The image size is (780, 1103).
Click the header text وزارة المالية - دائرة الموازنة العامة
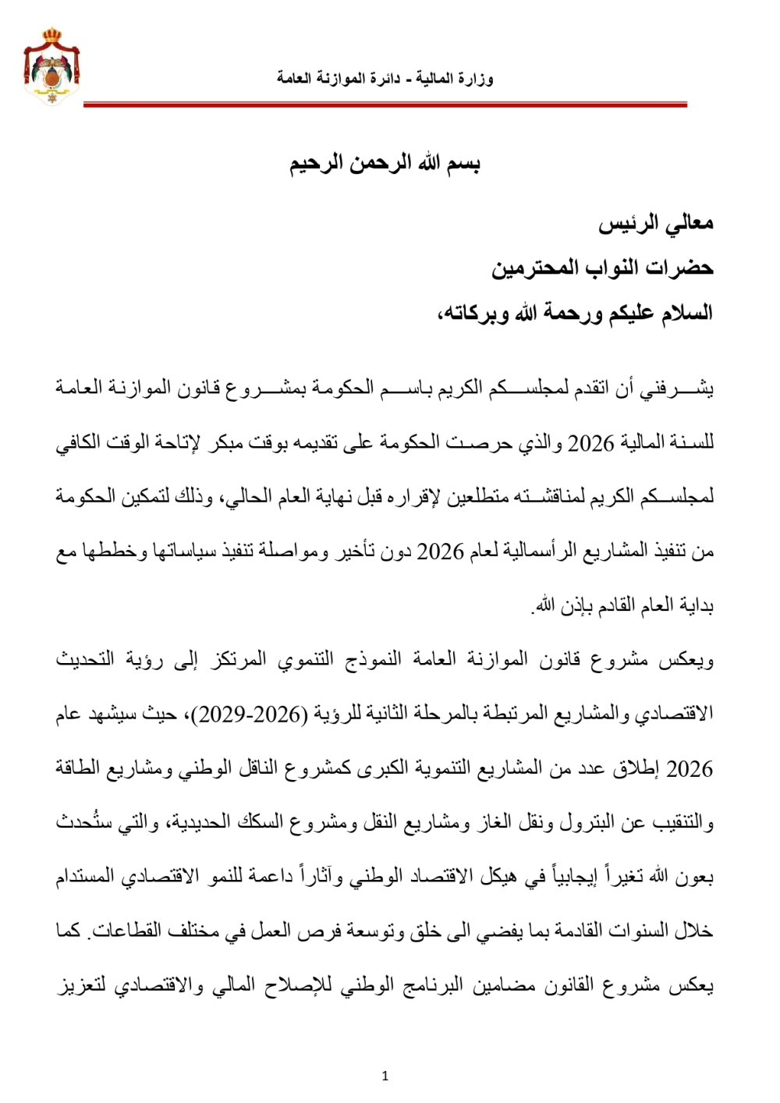click(385, 79)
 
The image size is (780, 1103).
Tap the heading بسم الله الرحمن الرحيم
click(385, 164)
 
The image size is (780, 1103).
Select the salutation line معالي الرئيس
click(656, 224)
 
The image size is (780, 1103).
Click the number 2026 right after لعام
click(441, 551)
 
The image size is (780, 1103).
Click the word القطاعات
click(126, 930)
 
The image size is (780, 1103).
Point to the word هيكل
click(497, 876)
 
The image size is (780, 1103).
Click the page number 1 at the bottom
click(385, 1076)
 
